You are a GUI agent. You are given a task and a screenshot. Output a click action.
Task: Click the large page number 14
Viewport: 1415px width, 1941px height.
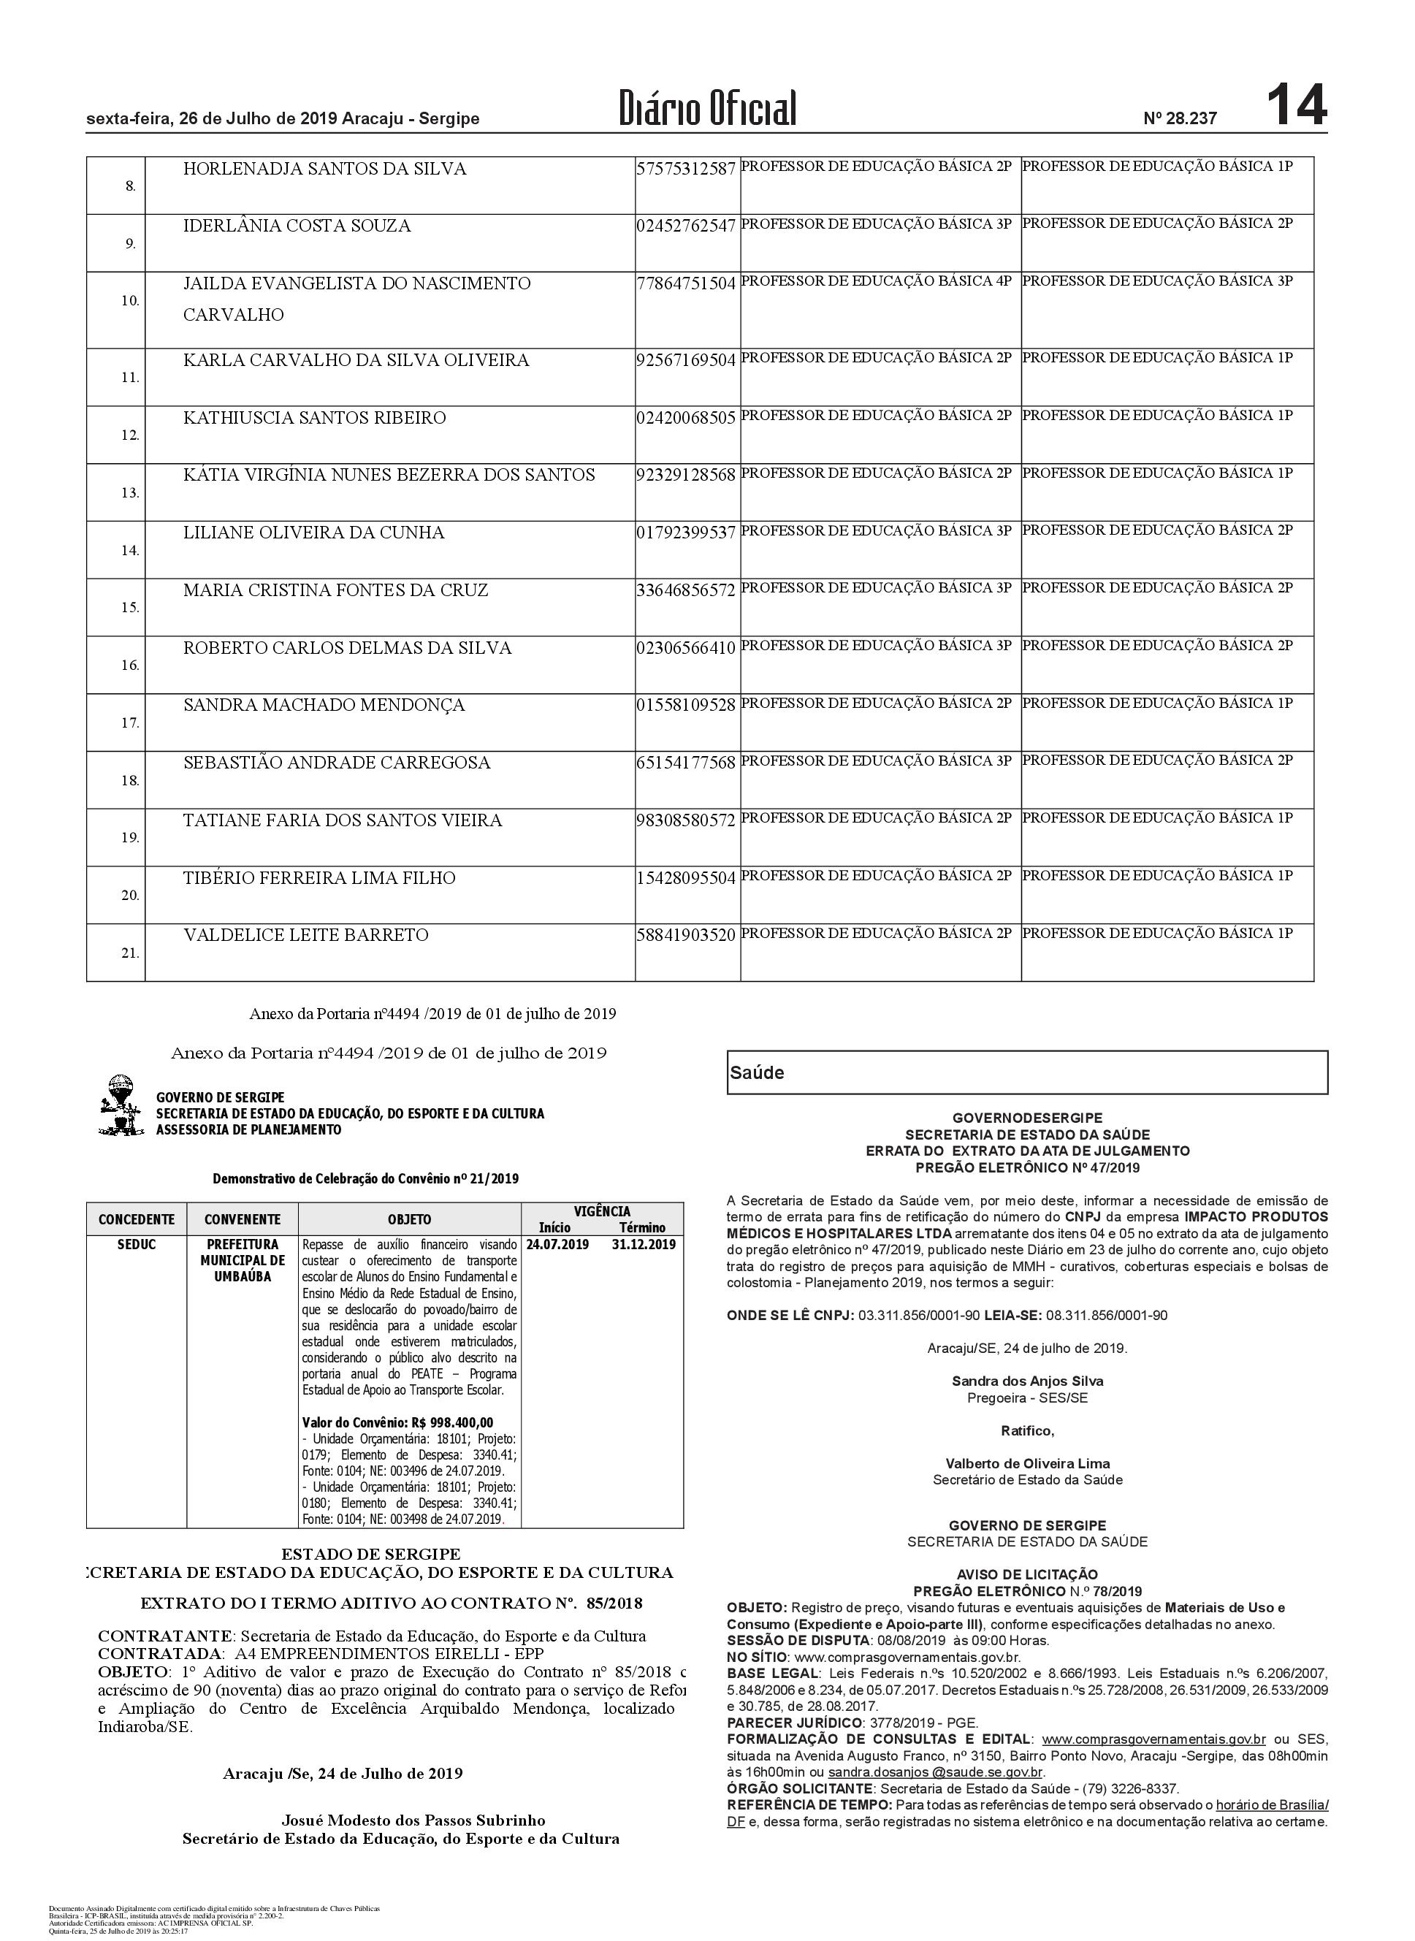coord(1296,105)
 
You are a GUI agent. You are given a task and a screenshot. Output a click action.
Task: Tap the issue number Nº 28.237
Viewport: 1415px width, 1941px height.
coord(1180,119)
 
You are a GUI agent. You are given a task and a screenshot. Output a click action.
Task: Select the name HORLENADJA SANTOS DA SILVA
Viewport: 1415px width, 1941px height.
coord(324,169)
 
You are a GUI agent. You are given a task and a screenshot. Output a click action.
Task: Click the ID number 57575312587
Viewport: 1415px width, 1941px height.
coord(686,169)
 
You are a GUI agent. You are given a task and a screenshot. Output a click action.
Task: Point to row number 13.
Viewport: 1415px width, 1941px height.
coord(129,493)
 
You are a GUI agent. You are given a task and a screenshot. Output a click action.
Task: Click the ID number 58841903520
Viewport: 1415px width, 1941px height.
coord(686,935)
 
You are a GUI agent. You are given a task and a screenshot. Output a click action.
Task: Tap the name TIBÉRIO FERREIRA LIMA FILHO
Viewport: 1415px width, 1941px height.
coord(319,878)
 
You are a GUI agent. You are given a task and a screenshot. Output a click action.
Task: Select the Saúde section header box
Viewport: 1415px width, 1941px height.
coord(1027,1072)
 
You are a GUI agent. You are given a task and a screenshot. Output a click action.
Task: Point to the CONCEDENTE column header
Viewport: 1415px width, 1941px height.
coord(136,1220)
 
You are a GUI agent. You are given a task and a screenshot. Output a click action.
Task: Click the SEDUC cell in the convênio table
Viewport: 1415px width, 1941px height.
coord(136,1245)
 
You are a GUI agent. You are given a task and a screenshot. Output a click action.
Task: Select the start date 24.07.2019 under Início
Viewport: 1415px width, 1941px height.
coord(557,1245)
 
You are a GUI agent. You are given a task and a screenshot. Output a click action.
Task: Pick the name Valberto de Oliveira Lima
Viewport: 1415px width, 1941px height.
coord(1027,1464)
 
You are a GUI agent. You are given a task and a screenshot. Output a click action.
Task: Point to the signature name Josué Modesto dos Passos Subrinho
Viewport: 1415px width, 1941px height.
coord(413,1820)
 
